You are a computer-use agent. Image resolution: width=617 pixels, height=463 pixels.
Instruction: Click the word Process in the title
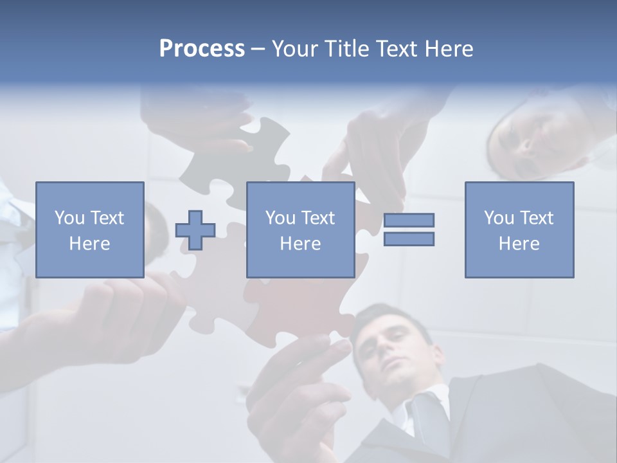coord(202,49)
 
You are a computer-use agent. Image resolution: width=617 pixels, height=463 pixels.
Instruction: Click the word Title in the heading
coord(347,49)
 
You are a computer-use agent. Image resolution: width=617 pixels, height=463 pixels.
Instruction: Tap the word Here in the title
coord(448,49)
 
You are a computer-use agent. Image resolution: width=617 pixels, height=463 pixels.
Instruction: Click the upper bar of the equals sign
coord(409,221)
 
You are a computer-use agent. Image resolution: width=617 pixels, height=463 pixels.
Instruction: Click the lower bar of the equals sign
coord(409,239)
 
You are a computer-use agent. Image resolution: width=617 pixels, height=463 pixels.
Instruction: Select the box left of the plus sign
coord(90,230)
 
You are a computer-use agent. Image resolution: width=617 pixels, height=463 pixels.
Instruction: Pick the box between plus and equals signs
coord(300,230)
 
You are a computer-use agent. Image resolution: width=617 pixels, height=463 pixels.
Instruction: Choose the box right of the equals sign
coord(519,230)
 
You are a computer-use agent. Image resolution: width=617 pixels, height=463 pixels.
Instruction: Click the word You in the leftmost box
coord(69,218)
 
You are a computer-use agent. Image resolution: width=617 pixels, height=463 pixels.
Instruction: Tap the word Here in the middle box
coord(300,244)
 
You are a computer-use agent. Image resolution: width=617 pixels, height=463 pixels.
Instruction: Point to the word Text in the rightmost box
coord(536,218)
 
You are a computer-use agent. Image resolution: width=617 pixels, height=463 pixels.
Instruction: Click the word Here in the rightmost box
coord(519,244)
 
